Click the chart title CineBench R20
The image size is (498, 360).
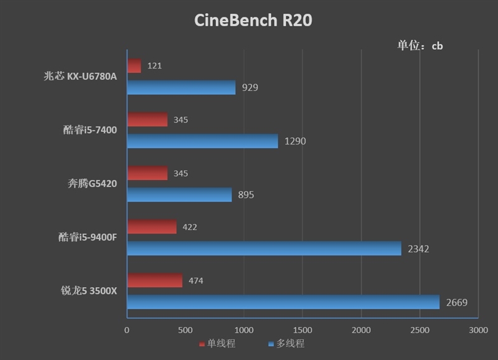coord(253,21)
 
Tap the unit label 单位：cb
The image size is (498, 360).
coord(420,45)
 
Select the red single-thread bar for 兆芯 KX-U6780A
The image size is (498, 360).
coord(134,65)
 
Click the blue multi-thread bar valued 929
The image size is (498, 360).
coord(181,87)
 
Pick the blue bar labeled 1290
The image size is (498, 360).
coord(202,141)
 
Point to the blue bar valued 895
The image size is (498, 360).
coord(179,195)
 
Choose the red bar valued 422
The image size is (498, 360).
coord(152,227)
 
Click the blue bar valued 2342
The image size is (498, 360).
coord(264,249)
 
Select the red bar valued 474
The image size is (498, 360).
coord(155,280)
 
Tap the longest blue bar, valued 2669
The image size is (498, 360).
coord(283,303)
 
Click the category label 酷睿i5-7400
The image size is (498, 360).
coord(90,130)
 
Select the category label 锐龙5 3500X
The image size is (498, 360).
coord(89,291)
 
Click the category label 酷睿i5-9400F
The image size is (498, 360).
coord(87,237)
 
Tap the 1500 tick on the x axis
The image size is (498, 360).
coord(303,329)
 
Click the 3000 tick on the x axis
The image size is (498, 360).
coord(478,329)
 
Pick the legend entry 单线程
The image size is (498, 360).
coord(217,344)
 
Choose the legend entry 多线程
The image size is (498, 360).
coord(286,344)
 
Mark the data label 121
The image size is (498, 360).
coord(155,65)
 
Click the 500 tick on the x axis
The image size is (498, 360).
coord(186,329)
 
